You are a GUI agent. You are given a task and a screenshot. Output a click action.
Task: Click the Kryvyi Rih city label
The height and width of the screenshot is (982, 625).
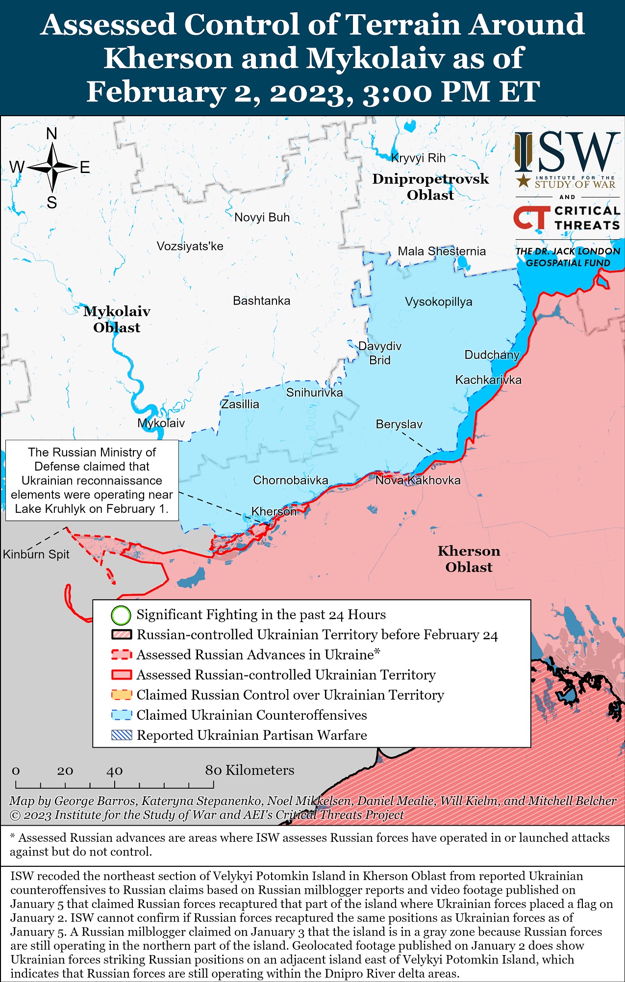point(418,158)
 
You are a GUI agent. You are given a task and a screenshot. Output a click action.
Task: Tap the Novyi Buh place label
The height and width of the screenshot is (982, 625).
point(262,217)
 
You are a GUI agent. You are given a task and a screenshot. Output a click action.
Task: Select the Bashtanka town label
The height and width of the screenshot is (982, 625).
point(261,301)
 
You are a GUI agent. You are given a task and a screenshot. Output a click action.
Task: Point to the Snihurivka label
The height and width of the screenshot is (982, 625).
point(314,392)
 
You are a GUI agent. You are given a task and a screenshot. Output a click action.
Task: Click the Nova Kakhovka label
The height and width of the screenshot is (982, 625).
point(418,480)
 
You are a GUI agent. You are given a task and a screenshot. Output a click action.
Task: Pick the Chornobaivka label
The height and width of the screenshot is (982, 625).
point(290,480)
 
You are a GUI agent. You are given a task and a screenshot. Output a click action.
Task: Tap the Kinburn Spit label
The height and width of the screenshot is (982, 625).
point(36,554)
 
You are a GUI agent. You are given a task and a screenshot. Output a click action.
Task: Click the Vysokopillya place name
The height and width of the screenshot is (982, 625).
point(438,302)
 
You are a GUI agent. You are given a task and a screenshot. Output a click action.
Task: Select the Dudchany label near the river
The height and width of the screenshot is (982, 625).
point(492,354)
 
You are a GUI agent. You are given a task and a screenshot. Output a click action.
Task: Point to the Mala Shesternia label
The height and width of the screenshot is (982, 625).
point(441,251)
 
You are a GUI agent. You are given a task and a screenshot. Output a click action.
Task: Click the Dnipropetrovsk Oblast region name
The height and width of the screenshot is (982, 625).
point(430,187)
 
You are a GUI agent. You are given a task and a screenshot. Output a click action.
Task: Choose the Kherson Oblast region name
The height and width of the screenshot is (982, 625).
point(469,559)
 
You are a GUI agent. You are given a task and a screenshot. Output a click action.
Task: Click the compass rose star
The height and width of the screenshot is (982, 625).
point(52,168)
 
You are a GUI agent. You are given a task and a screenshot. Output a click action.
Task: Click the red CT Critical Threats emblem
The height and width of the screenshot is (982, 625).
point(531,218)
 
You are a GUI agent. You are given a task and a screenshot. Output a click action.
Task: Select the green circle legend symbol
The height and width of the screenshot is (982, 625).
point(121,615)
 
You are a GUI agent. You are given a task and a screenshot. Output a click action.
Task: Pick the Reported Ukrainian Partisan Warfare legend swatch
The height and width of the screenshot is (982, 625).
point(122,735)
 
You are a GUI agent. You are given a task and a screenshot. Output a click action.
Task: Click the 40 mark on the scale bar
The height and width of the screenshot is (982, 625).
point(114,771)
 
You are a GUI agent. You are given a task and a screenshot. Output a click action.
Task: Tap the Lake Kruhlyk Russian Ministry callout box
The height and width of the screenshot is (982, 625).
point(92,480)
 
